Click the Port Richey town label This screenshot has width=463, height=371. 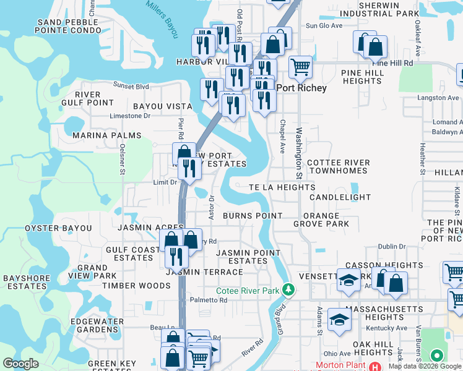pos(301,88)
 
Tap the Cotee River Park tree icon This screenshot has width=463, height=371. pos(287,289)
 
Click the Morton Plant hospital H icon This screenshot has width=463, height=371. pos(374,366)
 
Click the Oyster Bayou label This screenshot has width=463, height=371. pos(58,228)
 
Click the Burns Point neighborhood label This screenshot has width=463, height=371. pos(253,216)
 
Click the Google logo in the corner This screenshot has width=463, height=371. pos(21,364)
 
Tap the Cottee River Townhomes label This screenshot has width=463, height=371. pos(339,166)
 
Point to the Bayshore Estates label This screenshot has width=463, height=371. pos(26,282)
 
